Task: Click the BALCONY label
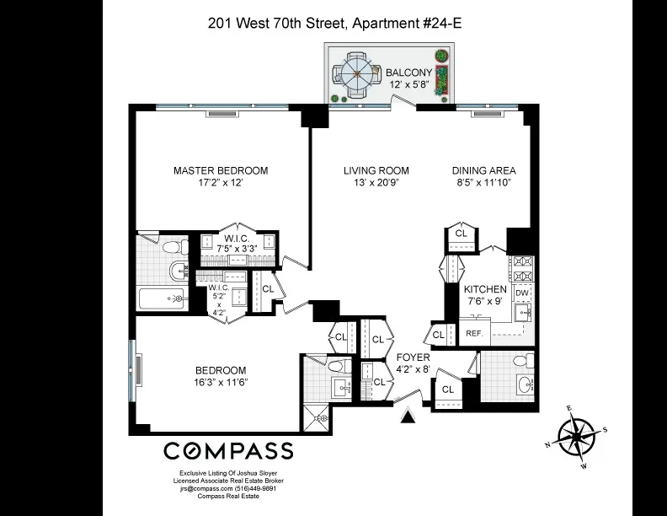[408, 73]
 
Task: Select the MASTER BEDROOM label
[221, 170]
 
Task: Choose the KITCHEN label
[487, 289]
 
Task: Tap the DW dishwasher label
[522, 293]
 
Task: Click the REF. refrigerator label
[474, 333]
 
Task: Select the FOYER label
[413, 357]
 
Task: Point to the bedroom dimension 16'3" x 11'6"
[221, 383]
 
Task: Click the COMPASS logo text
[227, 450]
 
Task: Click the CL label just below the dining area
[462, 233]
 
